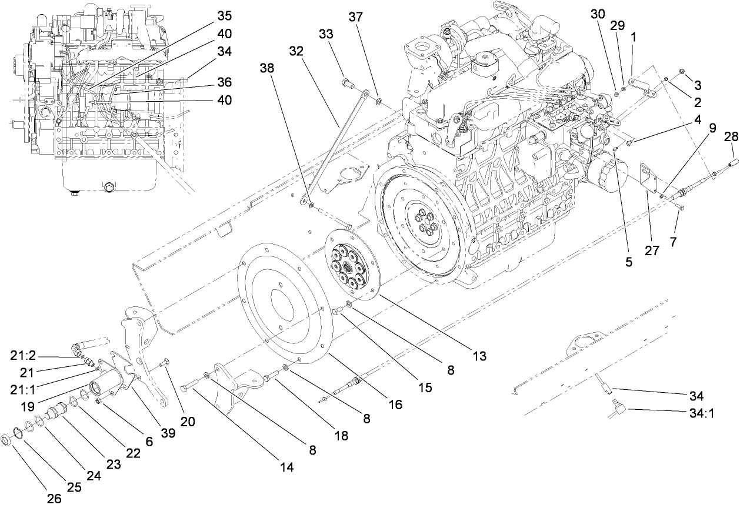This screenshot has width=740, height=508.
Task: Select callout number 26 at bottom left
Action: coord(54,499)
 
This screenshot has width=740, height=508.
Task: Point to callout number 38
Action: coord(267,68)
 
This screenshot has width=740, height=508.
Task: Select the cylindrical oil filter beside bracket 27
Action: coord(605,172)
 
